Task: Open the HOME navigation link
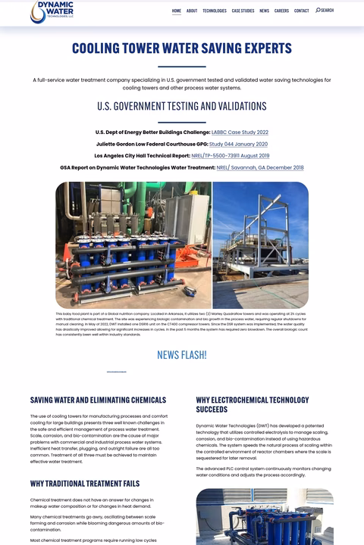177,11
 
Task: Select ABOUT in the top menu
192,11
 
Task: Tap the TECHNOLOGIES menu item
215,11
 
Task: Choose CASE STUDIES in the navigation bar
243,11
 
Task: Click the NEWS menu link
264,11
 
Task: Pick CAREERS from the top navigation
281,11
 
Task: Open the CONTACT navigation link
302,11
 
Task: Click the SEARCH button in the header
325,11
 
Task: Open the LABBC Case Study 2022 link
240,132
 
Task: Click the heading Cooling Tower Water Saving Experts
182,48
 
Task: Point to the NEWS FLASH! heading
182,355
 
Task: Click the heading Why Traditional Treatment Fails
85,483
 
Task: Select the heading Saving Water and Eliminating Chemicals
98,400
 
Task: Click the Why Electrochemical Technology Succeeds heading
253,404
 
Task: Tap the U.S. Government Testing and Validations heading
182,106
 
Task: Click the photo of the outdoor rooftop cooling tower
260,244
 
